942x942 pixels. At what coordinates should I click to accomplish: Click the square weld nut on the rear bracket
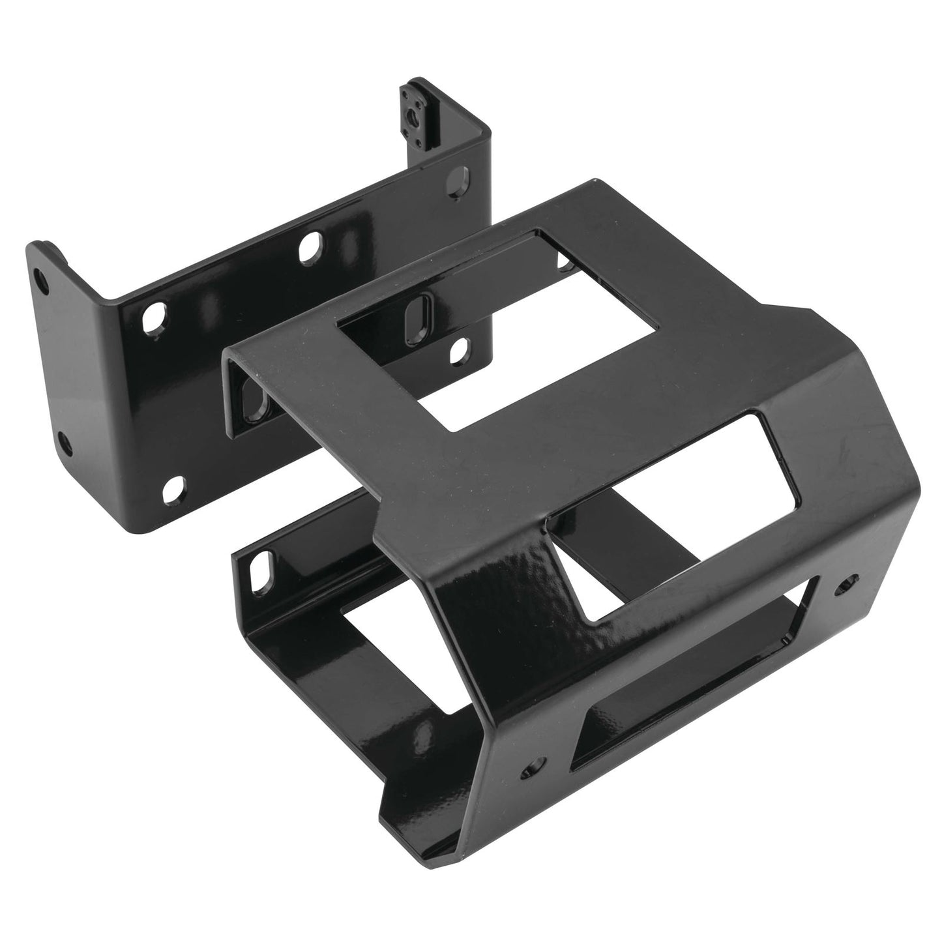tap(415, 108)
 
